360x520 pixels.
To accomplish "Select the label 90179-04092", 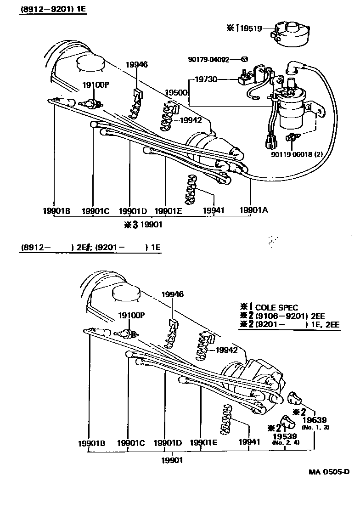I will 208,59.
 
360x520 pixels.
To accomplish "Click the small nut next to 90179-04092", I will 245,59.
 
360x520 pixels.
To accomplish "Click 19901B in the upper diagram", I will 56,211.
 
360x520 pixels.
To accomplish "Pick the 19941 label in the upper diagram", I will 214,210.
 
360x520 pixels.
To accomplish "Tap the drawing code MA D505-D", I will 329,472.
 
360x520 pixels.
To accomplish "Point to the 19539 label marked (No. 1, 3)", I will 314,420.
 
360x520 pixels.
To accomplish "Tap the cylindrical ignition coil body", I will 290,115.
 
